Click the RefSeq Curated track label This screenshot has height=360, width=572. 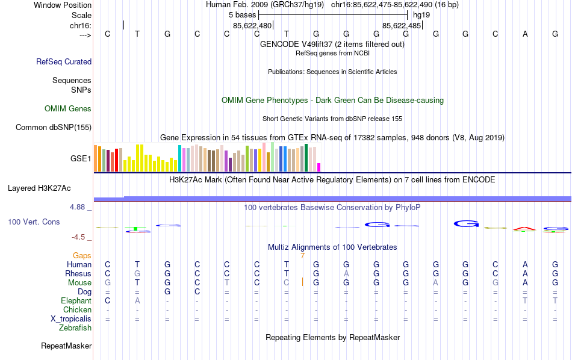click(x=64, y=61)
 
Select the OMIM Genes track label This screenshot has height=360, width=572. click(x=68, y=109)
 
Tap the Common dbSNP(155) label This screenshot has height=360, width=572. click(x=54, y=127)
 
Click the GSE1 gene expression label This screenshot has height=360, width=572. click(x=81, y=159)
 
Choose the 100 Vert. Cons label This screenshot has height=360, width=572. click(x=34, y=222)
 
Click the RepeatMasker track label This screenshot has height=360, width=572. click(x=66, y=346)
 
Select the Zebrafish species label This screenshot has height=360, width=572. click(x=75, y=328)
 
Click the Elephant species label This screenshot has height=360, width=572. click(x=76, y=301)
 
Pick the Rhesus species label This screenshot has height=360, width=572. click(x=78, y=274)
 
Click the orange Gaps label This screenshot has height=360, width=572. click(x=82, y=256)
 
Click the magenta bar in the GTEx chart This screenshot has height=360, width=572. click(x=319, y=167)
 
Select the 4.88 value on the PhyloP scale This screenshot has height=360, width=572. click(x=78, y=207)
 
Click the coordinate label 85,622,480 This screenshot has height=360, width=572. click(x=253, y=25)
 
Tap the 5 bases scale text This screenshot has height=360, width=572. click(x=243, y=14)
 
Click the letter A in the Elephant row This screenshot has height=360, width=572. click(x=137, y=301)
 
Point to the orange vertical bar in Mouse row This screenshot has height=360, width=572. click(x=302, y=282)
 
